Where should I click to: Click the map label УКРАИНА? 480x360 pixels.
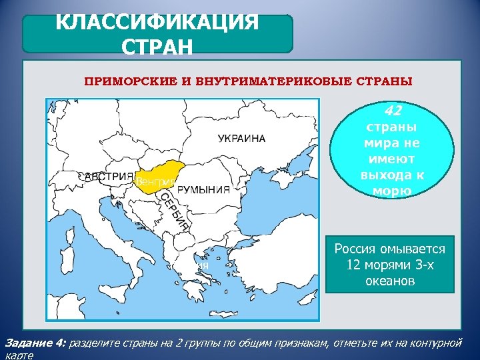(x=241, y=139)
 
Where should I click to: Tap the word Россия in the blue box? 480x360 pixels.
(x=360, y=249)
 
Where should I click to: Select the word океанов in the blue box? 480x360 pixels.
(x=390, y=281)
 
